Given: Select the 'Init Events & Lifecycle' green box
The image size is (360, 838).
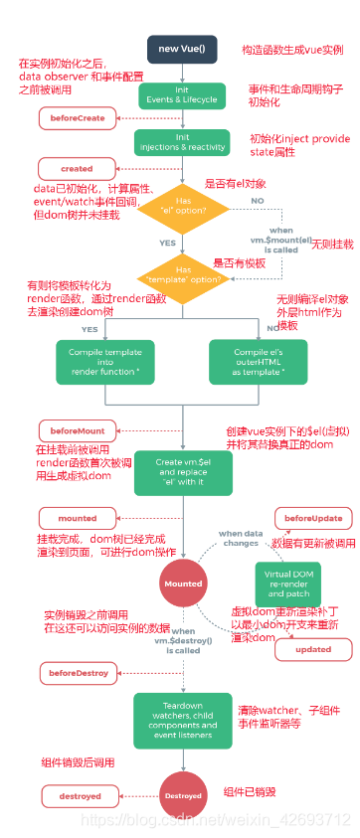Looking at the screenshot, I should (182, 94).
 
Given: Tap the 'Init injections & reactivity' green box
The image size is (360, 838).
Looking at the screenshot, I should (182, 142).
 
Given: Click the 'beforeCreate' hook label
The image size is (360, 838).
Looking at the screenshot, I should (71, 119).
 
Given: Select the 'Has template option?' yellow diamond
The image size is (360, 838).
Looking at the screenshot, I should (182, 274).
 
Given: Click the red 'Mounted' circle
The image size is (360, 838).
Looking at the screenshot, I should (182, 584).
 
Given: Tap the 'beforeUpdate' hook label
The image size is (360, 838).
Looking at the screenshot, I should (312, 519).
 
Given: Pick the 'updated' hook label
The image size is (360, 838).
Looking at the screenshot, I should (312, 649).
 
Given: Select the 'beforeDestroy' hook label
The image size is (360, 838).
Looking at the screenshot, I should (74, 674).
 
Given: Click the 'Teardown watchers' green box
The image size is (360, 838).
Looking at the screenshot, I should (182, 712).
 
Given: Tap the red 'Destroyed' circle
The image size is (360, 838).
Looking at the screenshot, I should (183, 795).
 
